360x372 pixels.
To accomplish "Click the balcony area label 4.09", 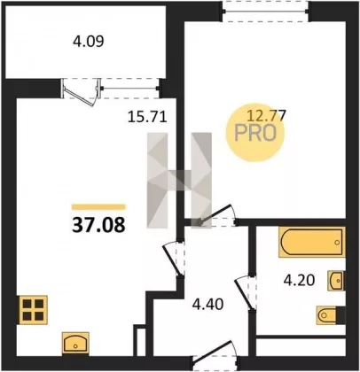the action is (88, 42).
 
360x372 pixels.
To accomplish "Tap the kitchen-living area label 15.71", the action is (147, 117).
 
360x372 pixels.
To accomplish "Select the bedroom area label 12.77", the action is (266, 115).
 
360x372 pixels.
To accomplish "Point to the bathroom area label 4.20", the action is (299, 280).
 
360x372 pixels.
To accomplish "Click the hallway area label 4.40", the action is (207, 305).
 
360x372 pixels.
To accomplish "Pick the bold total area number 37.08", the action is (98, 225).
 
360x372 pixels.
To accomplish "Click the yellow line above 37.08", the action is (98, 207).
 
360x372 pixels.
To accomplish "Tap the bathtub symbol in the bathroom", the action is (311, 242).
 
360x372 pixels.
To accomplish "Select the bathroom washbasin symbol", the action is (336, 281).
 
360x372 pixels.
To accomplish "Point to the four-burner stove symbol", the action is (33, 310).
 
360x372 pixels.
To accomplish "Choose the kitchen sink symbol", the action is (75, 343).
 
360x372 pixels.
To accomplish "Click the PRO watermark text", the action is (255, 133).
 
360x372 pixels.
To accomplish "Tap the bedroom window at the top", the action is (266, 12).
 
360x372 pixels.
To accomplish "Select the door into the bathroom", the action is (245, 293).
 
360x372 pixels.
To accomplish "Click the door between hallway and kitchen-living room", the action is (173, 260).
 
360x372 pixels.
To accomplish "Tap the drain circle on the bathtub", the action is (337, 243).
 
